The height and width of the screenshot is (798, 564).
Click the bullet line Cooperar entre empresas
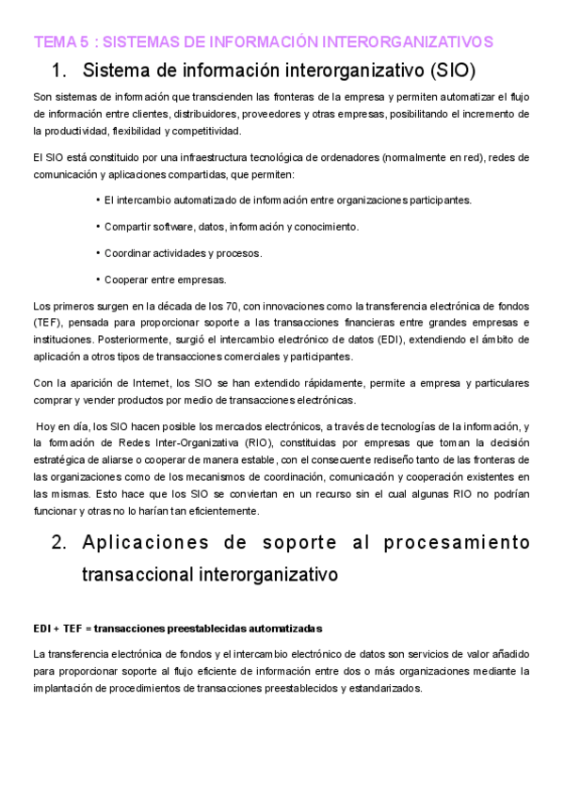click(165, 279)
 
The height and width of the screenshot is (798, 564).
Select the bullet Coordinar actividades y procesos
click(183, 253)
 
